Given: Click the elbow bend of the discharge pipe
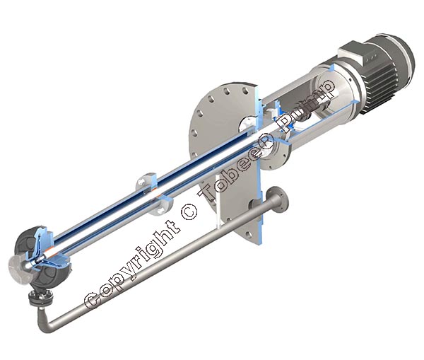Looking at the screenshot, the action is click(45, 321).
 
